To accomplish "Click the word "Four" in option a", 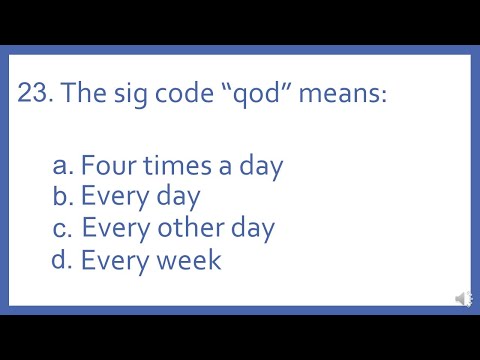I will point(106,165).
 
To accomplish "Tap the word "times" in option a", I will point(171,165).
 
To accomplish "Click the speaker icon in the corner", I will point(463,299).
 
